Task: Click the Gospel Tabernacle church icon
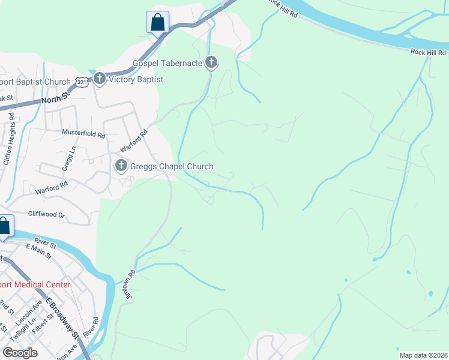coord(211,62)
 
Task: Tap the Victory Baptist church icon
coord(99,79)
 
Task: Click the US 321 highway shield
coord(82,82)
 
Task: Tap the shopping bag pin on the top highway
coord(157,23)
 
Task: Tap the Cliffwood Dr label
coord(46,214)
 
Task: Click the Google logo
coord(20,352)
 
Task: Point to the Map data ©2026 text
coord(423,355)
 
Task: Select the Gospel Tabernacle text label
coord(168,62)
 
